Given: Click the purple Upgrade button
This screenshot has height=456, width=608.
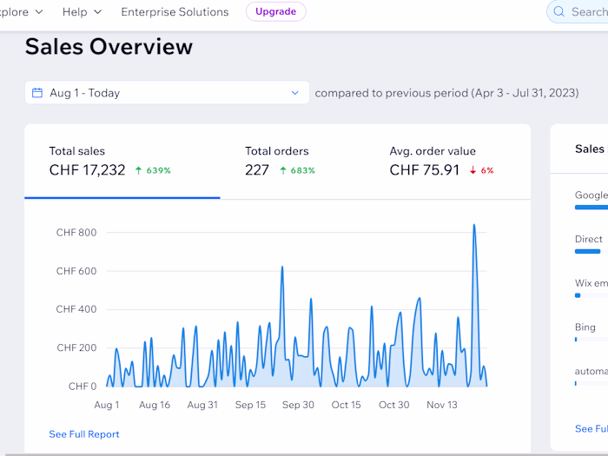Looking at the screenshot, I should [275, 12].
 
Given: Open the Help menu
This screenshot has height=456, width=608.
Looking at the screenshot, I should [83, 12].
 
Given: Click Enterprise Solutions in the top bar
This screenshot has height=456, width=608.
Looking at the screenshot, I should [175, 12].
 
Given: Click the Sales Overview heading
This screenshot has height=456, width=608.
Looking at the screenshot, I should [109, 46].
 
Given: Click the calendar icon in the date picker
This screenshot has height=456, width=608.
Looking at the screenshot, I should [37, 93].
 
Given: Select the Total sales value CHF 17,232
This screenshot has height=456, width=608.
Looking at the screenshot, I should [87, 170].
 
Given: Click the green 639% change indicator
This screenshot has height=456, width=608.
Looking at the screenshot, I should [153, 171].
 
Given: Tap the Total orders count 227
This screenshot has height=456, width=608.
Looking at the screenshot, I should [257, 170].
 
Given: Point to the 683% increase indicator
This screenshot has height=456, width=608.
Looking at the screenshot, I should [297, 171].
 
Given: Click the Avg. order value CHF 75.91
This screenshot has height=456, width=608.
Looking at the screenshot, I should [425, 170].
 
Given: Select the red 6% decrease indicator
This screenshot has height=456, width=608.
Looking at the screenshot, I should [481, 171].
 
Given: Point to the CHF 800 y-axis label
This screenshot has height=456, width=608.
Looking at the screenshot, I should [76, 233].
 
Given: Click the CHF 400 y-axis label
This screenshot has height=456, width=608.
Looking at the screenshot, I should [76, 309].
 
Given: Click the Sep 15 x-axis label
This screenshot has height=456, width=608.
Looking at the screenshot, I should [250, 405].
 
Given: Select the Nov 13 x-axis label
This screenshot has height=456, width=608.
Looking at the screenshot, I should [442, 405].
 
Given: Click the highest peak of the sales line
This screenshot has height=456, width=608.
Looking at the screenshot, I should [473, 225].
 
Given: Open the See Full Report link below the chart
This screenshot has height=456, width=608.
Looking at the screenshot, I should [84, 434].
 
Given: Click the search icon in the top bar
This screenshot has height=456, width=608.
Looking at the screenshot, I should [559, 12].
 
